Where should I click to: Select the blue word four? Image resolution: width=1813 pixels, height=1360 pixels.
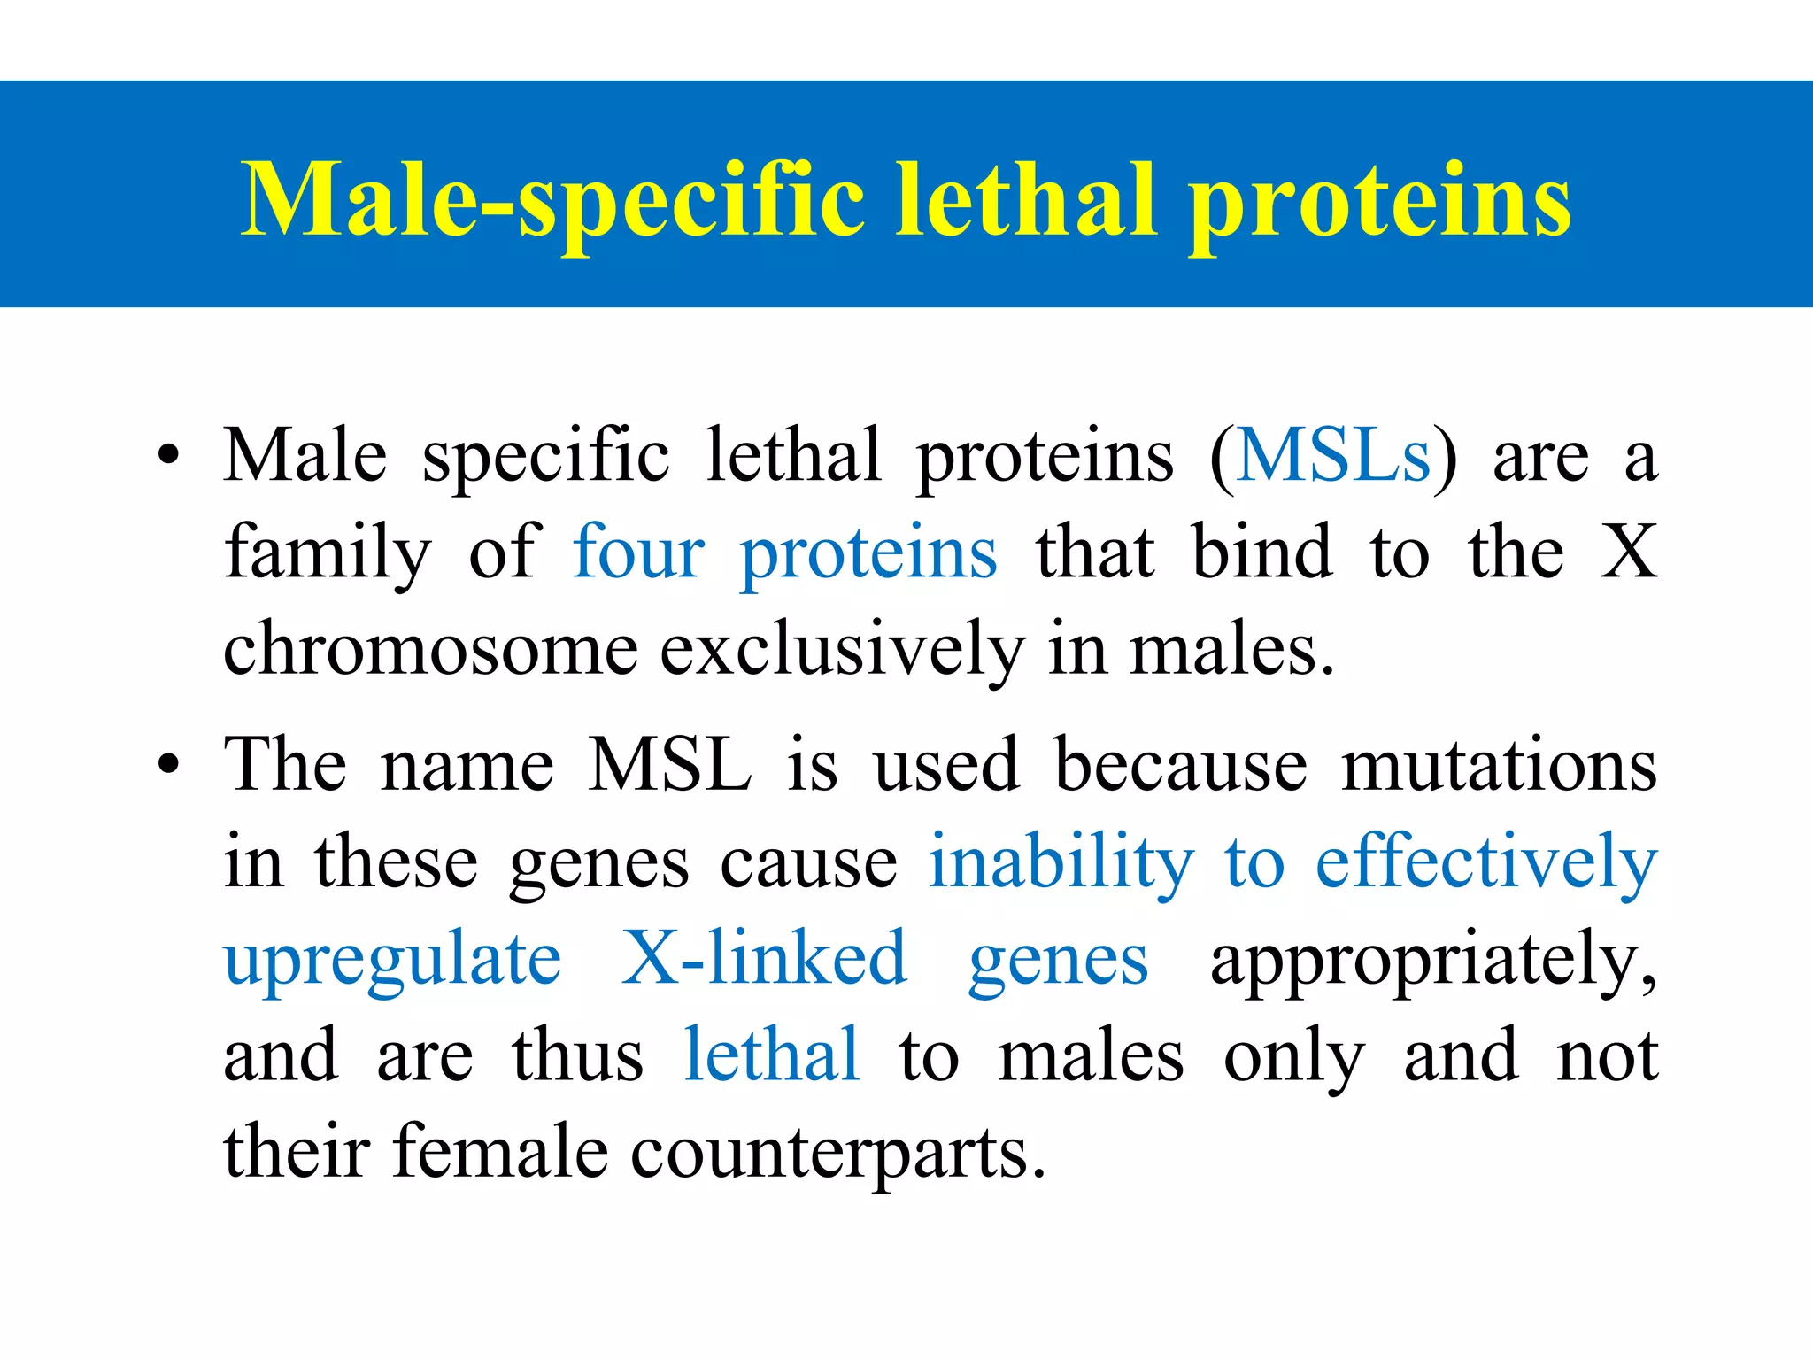click(638, 552)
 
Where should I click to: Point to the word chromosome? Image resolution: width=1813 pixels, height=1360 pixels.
click(430, 648)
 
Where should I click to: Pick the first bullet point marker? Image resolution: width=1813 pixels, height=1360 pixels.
click(168, 458)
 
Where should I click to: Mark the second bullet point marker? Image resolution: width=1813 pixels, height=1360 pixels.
click(168, 766)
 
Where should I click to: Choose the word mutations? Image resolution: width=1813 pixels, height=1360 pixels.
click(1499, 764)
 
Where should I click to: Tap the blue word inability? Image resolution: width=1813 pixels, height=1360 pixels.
click(1061, 862)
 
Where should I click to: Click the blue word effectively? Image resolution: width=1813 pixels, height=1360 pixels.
click(1486, 862)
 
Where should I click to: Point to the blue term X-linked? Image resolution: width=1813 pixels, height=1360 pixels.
click(764, 958)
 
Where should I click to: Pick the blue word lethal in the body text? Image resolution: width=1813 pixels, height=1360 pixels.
click(771, 1055)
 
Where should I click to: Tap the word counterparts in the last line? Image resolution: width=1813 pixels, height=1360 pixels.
click(837, 1154)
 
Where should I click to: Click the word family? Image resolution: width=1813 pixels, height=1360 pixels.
click(328, 553)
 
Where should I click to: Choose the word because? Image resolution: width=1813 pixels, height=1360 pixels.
click(1181, 764)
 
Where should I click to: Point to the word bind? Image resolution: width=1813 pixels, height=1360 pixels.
click(1261, 552)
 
